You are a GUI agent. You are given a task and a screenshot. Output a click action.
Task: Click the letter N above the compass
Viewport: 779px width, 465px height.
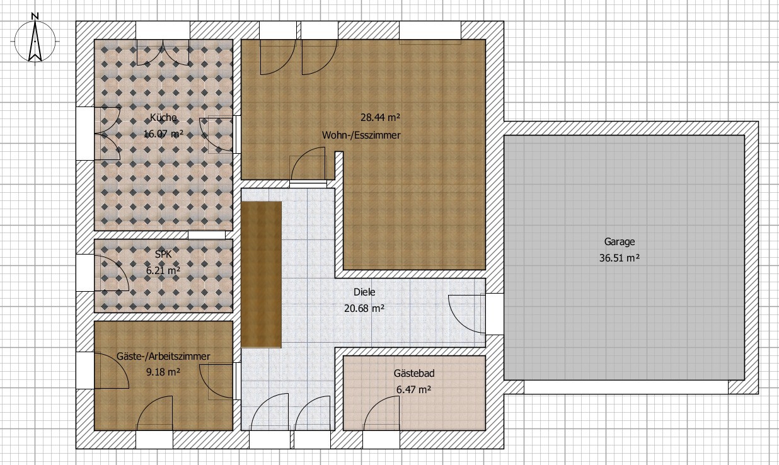point(35,16)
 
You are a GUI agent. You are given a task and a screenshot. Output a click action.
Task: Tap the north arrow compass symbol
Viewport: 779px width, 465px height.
point(35,41)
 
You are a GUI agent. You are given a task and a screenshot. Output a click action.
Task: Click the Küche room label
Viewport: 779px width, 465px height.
point(163,118)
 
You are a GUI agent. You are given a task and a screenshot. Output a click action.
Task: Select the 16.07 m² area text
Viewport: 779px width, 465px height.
point(163,134)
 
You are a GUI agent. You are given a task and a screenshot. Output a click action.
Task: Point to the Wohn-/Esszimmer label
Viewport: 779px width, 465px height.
point(361,135)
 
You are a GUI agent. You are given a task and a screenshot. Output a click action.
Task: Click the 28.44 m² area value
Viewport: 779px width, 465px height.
point(380,117)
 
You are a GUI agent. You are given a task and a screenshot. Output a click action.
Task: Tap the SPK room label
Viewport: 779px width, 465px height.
point(163,254)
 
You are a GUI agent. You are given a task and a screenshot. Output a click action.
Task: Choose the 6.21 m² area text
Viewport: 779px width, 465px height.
point(163,270)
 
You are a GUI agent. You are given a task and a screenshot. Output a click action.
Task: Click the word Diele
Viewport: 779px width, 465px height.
point(364,292)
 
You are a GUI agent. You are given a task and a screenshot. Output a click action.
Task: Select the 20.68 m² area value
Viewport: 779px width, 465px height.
point(364,308)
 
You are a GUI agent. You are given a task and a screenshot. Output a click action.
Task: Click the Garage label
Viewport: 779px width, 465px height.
point(620,242)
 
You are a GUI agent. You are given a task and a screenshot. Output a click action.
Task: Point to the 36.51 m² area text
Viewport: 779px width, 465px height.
point(620,258)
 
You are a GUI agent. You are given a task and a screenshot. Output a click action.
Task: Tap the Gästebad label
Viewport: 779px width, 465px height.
point(414,373)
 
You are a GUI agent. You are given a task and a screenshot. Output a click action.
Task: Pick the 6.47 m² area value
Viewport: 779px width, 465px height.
point(414,389)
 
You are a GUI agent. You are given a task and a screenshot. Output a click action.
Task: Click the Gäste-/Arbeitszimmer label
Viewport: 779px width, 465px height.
point(163,356)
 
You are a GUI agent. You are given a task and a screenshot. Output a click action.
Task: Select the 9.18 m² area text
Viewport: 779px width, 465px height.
point(163,372)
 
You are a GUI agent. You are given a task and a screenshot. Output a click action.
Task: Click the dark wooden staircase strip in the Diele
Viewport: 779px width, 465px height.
point(261,275)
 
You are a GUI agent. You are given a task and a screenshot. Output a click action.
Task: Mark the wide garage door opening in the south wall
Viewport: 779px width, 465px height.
point(626,387)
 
